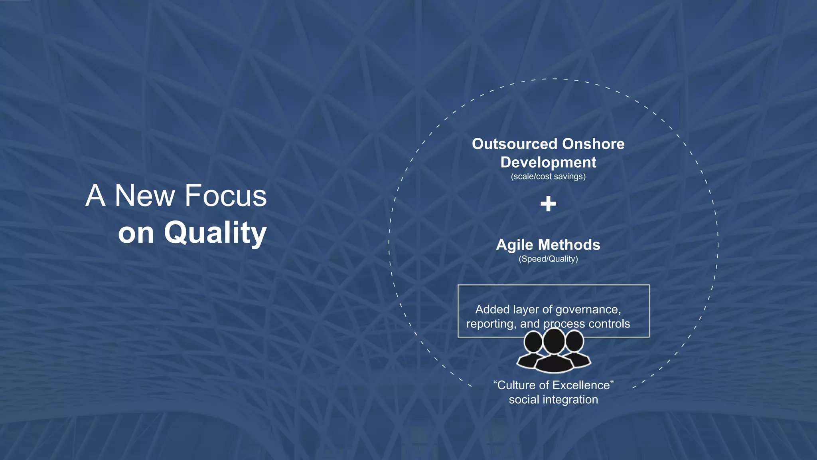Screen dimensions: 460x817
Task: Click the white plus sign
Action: (548, 204)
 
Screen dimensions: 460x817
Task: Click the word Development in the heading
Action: (548, 163)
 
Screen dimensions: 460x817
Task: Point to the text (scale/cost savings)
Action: (548, 176)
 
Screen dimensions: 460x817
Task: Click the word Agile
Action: (514, 245)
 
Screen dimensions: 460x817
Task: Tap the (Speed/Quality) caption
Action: (548, 259)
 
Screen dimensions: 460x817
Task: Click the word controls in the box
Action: (609, 323)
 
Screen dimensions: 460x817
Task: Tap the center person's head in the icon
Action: (554, 341)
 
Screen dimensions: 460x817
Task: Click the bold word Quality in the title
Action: (215, 233)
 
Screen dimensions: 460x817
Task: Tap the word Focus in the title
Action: (225, 196)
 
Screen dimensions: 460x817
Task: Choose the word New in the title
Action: (145, 196)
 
